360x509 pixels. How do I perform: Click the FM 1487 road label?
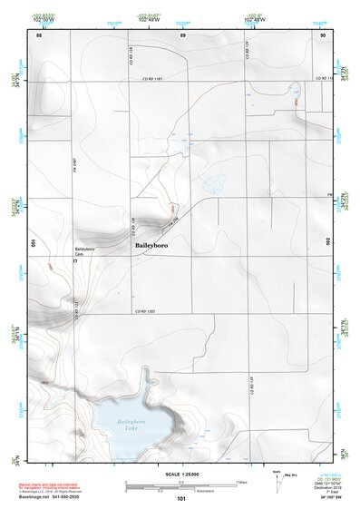pyautogui.click(x=73, y=160)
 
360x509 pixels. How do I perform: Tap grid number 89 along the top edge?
pyautogui.click(x=182, y=34)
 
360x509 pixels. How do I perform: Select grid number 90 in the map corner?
pyautogui.click(x=323, y=34)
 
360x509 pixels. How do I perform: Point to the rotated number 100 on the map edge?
pyautogui.click(x=34, y=243)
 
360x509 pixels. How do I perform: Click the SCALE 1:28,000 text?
pyautogui.click(x=180, y=475)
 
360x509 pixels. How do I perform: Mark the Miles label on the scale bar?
pyautogui.click(x=242, y=482)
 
